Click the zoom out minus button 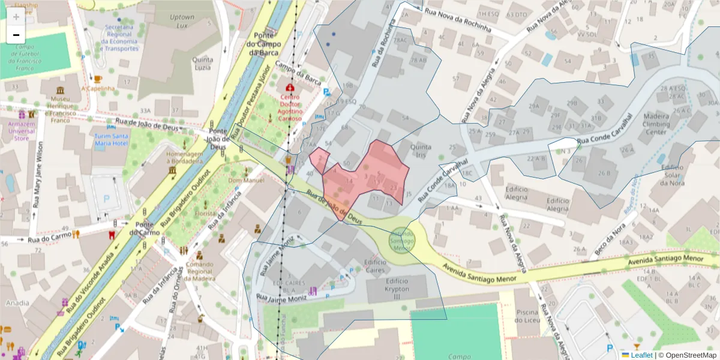(x=16, y=35)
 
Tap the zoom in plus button (x=16, y=17)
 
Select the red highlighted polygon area (x=372, y=174)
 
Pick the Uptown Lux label (x=182, y=22)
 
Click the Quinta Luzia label (x=202, y=64)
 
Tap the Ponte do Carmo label (x=147, y=229)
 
